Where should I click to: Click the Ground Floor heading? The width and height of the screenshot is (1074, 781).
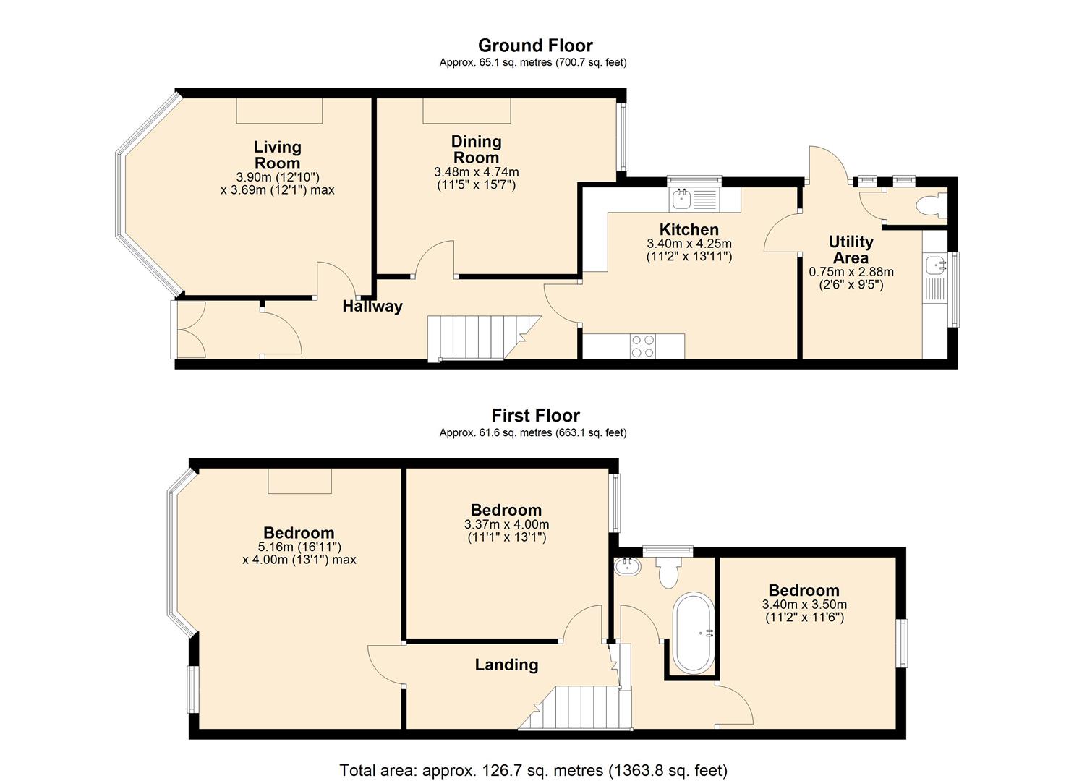[x=534, y=46]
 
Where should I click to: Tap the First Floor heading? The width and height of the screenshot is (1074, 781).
[x=535, y=416]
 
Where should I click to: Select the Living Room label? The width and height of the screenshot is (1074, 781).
[x=277, y=155]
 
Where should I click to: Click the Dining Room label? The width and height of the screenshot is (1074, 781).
[x=476, y=149]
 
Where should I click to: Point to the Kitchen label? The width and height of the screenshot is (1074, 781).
[x=689, y=230]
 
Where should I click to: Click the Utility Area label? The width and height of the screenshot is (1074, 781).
[x=851, y=249]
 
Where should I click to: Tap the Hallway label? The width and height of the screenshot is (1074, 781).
[x=372, y=306]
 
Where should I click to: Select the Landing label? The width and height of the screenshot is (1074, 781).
[x=506, y=665]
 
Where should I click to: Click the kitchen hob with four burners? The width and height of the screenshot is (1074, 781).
[x=643, y=346]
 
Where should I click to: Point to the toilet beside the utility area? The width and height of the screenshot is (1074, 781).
[x=930, y=206]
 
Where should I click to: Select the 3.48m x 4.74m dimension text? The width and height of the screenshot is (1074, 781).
[x=476, y=172]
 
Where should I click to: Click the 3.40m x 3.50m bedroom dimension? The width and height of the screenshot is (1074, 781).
[x=804, y=605]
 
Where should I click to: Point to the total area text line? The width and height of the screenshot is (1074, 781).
[x=533, y=770]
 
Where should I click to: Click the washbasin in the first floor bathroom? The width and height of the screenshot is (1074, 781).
[x=626, y=566]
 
